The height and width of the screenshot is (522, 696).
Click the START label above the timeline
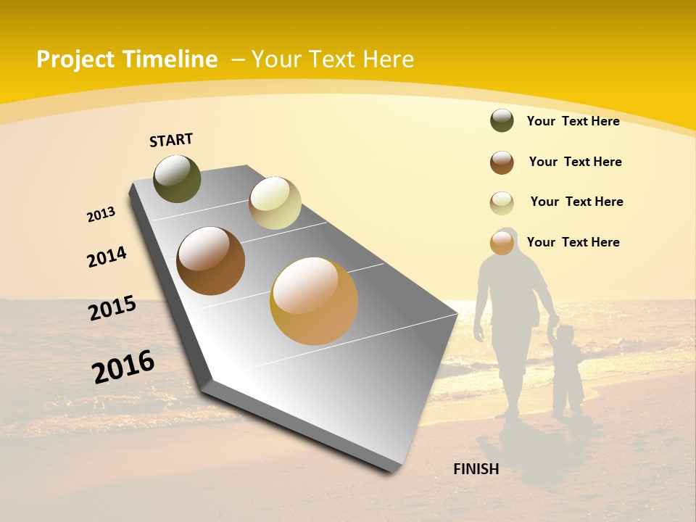click(x=171, y=140)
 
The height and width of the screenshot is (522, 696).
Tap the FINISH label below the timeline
click(x=476, y=469)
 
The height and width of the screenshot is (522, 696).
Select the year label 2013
click(x=101, y=215)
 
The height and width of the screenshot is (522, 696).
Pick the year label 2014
click(x=107, y=257)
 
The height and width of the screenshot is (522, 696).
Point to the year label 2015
click(x=112, y=308)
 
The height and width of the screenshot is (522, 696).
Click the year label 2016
click(x=123, y=366)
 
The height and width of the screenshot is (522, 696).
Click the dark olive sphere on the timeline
click(x=177, y=178)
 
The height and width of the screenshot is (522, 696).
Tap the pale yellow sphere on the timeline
click(x=275, y=203)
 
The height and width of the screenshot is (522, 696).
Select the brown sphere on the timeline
click(x=211, y=261)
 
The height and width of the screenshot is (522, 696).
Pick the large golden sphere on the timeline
click(x=314, y=300)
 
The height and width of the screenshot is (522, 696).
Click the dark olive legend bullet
click(x=502, y=120)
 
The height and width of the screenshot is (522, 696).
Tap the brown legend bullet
click(x=502, y=162)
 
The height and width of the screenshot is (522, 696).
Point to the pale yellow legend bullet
click(x=502, y=203)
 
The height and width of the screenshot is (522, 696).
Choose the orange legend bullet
click(x=502, y=243)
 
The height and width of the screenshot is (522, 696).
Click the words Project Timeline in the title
click(x=127, y=59)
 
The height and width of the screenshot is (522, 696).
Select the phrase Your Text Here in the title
click(x=333, y=59)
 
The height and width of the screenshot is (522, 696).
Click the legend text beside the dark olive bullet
click(x=573, y=121)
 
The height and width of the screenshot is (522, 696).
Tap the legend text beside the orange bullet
click(x=573, y=242)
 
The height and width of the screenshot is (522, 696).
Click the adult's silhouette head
click(x=507, y=239)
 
